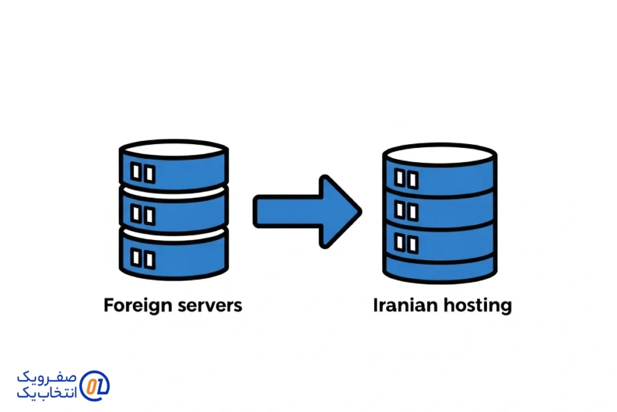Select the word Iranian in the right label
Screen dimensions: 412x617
(x=406, y=305)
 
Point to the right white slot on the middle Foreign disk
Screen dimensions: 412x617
(x=149, y=214)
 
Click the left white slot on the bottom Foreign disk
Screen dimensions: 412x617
(x=136, y=258)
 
